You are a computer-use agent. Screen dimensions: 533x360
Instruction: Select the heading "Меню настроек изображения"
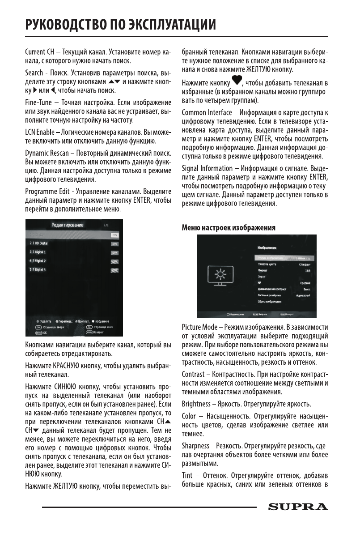228,228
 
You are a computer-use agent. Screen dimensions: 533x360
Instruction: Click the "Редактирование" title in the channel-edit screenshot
68,225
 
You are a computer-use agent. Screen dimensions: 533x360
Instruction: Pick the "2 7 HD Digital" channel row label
38,243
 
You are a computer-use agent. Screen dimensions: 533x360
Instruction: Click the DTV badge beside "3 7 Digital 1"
114,253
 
